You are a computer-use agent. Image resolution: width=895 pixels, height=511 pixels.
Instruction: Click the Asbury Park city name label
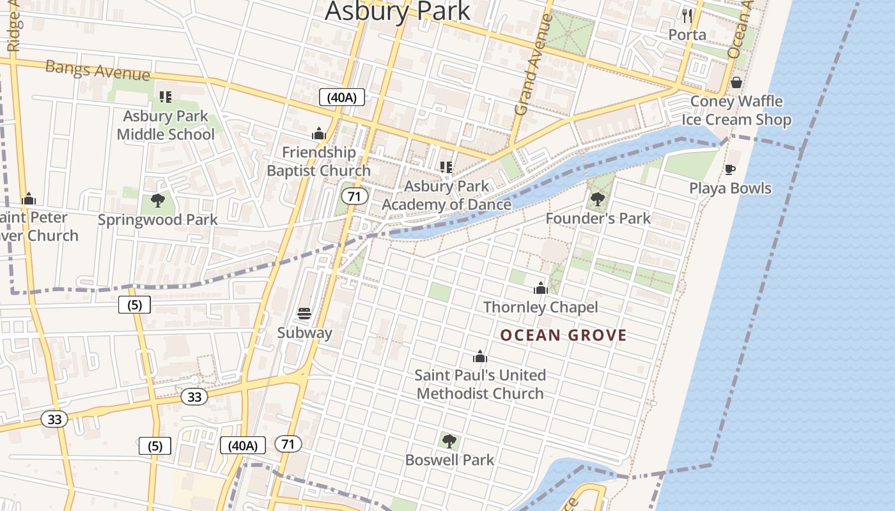point(397,11)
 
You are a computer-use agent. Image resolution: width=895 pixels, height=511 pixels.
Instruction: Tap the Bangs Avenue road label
point(97,71)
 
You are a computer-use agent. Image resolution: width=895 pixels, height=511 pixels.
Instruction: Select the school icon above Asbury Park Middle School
point(166,97)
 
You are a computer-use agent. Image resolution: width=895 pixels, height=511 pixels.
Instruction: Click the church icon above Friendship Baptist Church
point(318,133)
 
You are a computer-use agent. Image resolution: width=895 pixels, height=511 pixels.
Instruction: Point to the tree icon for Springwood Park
point(157,201)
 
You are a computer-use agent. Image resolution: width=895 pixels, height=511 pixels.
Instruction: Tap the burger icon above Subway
point(304,314)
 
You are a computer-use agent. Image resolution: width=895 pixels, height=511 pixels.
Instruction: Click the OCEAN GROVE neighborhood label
point(563,335)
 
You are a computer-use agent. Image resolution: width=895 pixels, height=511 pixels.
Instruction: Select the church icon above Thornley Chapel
point(541,288)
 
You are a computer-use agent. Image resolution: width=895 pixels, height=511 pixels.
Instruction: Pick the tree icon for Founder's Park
point(597,199)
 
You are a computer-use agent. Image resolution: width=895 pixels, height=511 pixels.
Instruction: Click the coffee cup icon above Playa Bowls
point(729,169)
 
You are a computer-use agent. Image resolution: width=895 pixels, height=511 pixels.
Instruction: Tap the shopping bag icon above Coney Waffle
point(736,82)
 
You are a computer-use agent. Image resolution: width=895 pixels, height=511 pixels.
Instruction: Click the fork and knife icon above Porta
point(687,15)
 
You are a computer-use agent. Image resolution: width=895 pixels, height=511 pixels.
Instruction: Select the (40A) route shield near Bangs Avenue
point(341,98)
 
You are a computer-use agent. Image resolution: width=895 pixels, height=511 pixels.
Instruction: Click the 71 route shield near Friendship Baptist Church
point(354,196)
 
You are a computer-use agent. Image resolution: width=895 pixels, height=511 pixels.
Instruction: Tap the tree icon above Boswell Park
point(449,441)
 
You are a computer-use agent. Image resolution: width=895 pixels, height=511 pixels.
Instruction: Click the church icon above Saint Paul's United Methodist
point(480,356)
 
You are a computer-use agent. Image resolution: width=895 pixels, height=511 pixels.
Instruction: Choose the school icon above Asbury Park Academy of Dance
point(446,167)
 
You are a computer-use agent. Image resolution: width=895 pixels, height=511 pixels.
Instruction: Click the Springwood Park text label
point(157,220)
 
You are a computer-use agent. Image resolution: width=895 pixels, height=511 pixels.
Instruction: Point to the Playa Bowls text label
point(730,188)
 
